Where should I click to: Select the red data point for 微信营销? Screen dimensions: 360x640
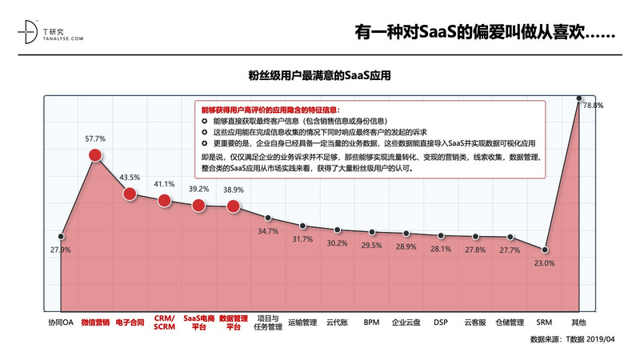tap(95, 155)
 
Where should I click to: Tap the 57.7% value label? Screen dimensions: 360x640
tap(95, 138)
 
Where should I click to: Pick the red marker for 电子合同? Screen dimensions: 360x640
tap(130, 194)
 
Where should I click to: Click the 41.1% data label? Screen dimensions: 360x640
tap(164, 183)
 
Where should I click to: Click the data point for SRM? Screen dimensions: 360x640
tap(544, 250)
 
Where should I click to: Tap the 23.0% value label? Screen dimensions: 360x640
tap(545, 262)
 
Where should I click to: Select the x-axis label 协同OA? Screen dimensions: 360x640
tap(61, 323)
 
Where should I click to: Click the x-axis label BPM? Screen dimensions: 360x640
tap(371, 323)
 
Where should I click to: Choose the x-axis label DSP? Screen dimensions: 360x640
tap(440, 323)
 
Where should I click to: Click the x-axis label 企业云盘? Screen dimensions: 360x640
tap(406, 323)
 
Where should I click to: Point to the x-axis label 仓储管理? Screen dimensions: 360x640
tap(509, 323)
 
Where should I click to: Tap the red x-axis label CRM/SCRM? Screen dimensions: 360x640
tap(164, 323)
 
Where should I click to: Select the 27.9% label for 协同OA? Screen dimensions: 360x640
tap(61, 250)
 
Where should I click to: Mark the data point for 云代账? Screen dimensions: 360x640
tap(337, 230)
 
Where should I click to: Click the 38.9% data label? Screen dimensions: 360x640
tap(234, 190)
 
